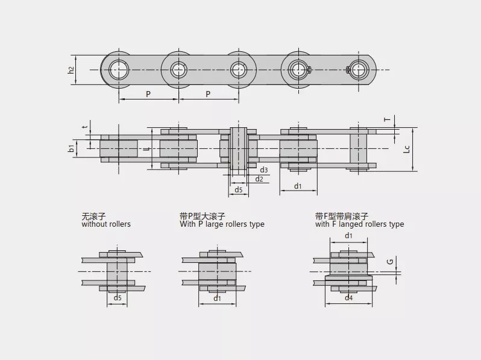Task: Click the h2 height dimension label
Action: (71, 70)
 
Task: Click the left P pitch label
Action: (148, 94)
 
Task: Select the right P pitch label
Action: (208, 94)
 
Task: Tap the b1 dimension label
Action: (72, 148)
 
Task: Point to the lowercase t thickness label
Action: (86, 126)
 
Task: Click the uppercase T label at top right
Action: (388, 119)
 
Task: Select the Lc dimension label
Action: (406, 149)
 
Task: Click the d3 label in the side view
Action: (264, 170)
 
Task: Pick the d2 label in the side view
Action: (259, 179)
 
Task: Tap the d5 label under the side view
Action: (239, 190)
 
